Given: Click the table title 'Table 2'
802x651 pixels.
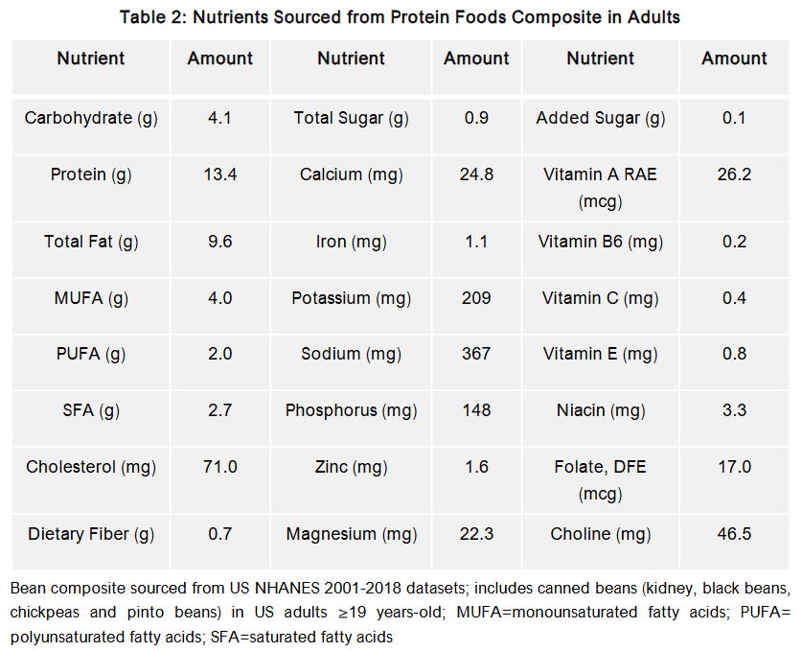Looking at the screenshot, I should (401, 16).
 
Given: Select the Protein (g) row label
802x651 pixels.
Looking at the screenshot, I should (91, 174).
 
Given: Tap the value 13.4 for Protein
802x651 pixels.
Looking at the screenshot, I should (220, 174).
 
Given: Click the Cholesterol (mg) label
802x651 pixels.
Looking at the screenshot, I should (91, 467).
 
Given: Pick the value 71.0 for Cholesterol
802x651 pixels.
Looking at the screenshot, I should (220, 467).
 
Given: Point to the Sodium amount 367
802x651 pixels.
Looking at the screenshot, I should (476, 354).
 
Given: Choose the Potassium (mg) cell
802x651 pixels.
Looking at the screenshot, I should (352, 298).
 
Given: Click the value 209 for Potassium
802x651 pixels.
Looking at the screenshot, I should (476, 298).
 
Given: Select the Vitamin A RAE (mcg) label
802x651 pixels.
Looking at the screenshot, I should (600, 188).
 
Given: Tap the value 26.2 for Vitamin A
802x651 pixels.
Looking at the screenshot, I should (734, 174).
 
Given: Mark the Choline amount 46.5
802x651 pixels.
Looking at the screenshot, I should (734, 534).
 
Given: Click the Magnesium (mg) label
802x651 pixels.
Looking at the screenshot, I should (352, 534).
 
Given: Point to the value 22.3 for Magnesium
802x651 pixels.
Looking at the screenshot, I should (476, 534).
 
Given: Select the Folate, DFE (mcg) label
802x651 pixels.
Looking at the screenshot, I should (600, 480).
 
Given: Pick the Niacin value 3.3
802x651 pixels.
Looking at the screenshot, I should (734, 410).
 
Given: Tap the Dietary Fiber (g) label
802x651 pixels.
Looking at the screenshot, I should (91, 534).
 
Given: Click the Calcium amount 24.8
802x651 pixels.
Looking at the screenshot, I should (476, 174).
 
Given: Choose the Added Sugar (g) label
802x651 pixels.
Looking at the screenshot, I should (600, 118).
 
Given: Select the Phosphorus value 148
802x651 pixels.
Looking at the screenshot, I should (476, 410).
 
